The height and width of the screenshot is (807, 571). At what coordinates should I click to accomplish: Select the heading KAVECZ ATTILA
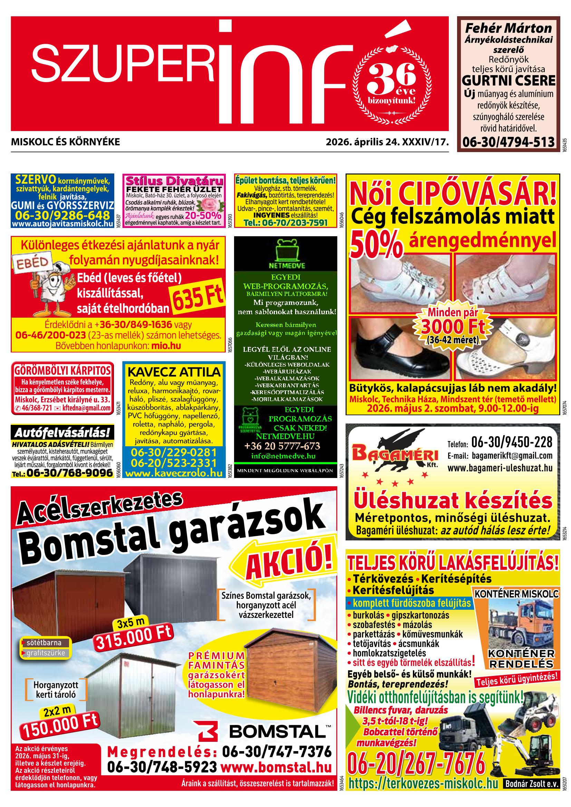(x=174, y=371)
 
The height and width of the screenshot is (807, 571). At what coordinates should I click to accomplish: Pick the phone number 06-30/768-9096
(x=70, y=473)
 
